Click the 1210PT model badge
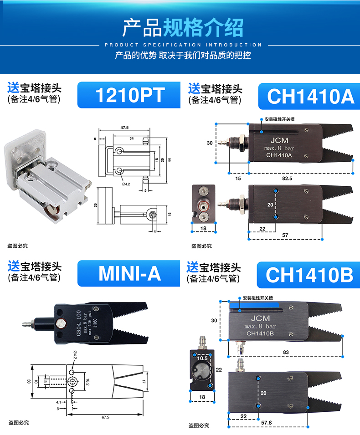click(x=129, y=95)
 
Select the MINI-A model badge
click(x=129, y=273)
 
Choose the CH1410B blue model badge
click(x=309, y=275)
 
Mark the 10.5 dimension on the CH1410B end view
click(x=202, y=358)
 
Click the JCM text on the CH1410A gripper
click(x=279, y=141)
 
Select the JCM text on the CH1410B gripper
click(x=260, y=318)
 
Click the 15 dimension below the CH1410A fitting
click(x=237, y=179)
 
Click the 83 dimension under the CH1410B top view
click(x=286, y=352)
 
